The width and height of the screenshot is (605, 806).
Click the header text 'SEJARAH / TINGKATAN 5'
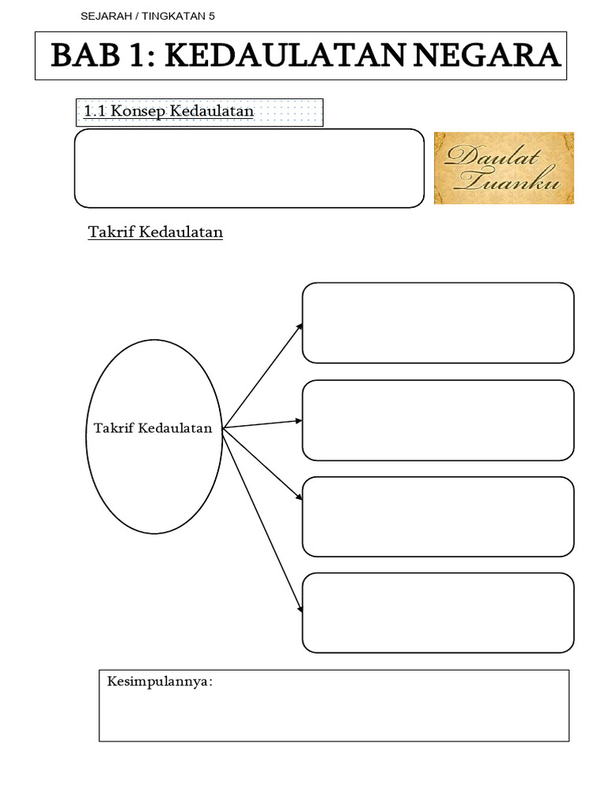click(147, 16)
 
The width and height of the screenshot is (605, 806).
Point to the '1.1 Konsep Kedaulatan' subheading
click(169, 111)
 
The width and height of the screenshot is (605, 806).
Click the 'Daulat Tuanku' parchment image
click(504, 168)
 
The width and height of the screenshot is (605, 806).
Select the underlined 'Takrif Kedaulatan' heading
click(155, 232)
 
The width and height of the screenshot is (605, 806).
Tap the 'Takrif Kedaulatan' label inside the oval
click(153, 428)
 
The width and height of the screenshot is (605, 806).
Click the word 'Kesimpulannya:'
click(160, 681)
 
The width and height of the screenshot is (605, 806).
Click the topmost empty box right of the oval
click(438, 323)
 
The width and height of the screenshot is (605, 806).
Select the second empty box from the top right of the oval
click(438, 420)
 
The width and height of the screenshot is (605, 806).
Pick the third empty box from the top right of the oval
click(438, 516)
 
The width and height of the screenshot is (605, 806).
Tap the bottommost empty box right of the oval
click(438, 612)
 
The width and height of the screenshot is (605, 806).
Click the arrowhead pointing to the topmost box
click(299, 325)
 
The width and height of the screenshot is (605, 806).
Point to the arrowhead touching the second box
click(299, 420)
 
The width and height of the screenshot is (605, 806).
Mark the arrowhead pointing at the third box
click(299, 497)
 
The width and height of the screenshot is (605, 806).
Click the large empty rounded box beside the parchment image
click(249, 168)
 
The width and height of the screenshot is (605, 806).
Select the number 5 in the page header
click(211, 16)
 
